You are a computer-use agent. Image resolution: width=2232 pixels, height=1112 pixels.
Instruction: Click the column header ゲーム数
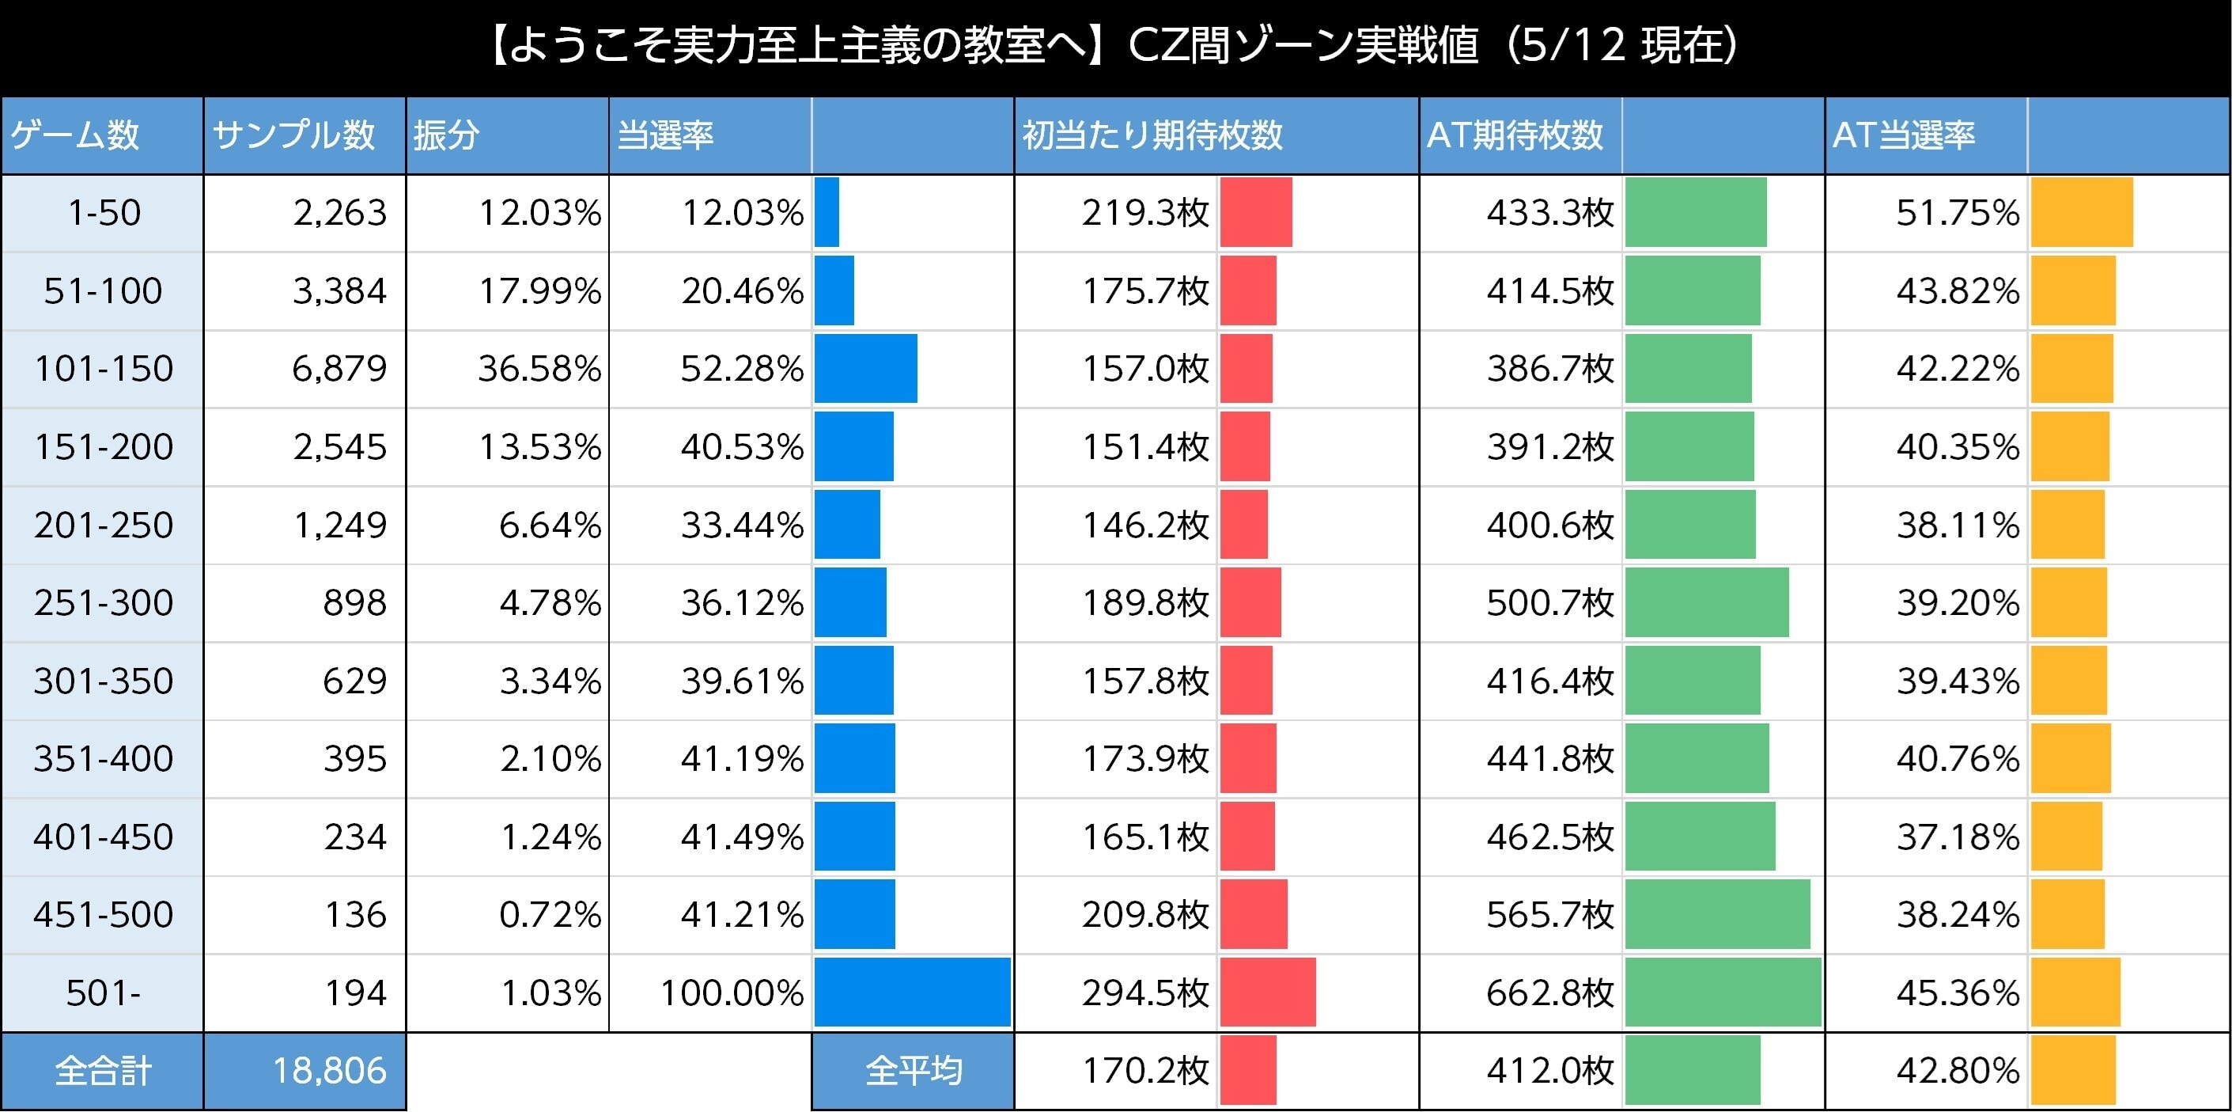[75, 135]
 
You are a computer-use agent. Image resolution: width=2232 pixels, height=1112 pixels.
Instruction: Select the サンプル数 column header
[293, 135]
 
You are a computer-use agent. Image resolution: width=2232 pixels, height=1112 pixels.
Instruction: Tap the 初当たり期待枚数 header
[1152, 135]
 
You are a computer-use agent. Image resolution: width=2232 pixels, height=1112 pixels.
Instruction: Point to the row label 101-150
[103, 368]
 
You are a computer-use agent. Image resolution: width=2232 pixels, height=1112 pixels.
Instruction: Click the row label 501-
[103, 992]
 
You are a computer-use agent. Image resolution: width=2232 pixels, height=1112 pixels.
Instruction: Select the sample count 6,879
[339, 368]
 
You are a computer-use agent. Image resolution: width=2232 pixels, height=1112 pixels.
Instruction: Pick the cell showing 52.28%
[742, 368]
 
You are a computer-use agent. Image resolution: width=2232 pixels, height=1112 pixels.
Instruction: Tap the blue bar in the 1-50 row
[827, 212]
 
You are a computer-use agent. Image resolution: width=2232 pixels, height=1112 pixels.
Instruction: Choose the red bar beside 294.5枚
[1268, 992]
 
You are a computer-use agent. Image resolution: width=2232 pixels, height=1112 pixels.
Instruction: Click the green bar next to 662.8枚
[1723, 992]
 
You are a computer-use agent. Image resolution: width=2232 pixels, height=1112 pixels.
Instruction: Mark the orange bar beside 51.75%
[2081, 212]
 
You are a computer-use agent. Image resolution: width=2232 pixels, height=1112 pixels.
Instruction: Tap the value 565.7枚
[1549, 914]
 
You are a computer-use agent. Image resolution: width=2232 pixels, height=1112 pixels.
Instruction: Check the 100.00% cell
[732, 992]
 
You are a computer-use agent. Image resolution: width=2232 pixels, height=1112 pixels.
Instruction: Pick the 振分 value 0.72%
[550, 914]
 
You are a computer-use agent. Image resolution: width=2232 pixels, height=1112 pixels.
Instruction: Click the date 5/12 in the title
[1572, 45]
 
